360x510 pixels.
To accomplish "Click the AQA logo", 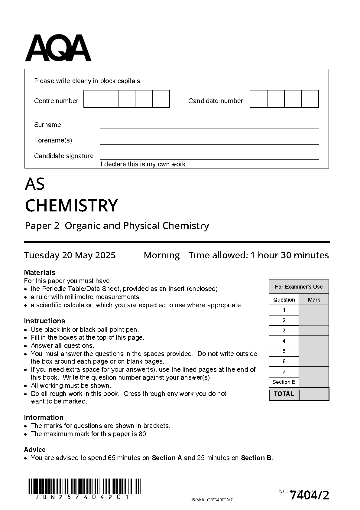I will point(58,48).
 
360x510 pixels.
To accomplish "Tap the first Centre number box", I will point(92,99).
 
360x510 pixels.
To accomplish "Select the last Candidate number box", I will point(310,99).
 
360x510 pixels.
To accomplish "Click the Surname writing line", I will point(209,126).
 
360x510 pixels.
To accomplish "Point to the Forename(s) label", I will point(53,140).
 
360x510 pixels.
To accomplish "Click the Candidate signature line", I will point(209,157).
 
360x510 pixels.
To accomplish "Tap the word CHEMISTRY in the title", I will point(71,205).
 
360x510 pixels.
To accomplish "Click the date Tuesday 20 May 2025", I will point(70,255).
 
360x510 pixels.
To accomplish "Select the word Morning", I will point(162,255).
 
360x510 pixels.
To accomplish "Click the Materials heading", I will point(40,273).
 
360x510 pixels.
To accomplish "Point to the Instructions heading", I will point(44,321).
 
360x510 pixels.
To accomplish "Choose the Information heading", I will point(44,417).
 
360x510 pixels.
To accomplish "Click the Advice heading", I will point(35,450).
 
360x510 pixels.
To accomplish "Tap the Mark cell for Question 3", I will point(314,331).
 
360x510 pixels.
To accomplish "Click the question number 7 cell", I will point(284,372).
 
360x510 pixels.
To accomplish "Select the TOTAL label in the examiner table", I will point(284,394).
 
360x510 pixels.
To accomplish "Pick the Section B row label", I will point(284,382).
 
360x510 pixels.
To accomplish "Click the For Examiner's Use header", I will point(299,287).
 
